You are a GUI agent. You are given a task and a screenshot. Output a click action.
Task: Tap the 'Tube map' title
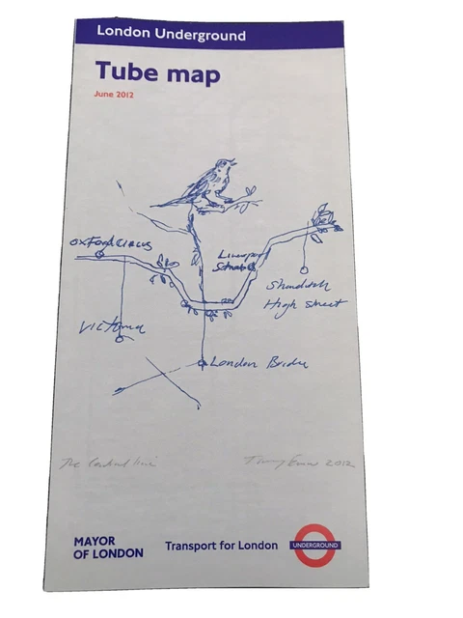pyautogui.click(x=157, y=73)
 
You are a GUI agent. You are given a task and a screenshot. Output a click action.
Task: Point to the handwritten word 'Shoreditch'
pyautogui.click(x=302, y=286)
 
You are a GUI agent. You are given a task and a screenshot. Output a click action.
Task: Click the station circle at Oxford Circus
pyautogui.click(x=99, y=253)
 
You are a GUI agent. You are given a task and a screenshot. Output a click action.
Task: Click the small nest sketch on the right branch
pyautogui.click(x=325, y=217)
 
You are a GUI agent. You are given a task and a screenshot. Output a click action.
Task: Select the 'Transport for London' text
pyautogui.click(x=221, y=546)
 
